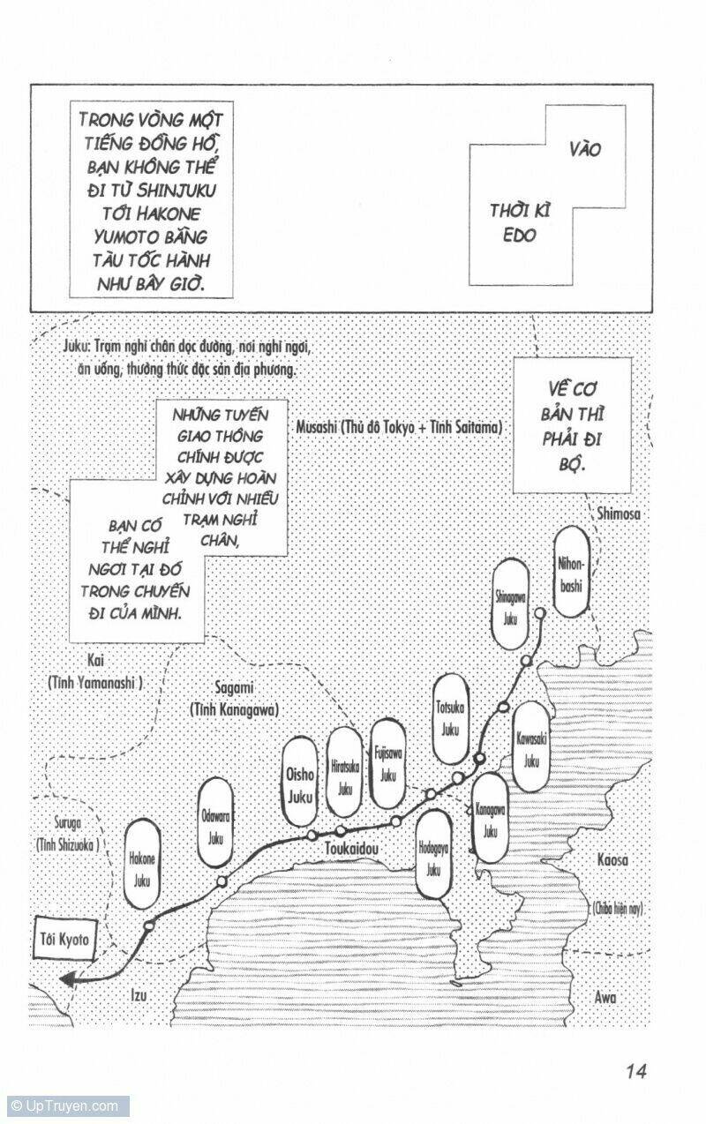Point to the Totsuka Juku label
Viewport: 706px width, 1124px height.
[x=451, y=719]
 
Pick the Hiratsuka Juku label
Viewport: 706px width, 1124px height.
[x=342, y=773]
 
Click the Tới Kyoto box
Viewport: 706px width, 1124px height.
[x=64, y=940]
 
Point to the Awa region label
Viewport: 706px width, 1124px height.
[x=605, y=998]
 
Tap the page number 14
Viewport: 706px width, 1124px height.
[x=636, y=1071]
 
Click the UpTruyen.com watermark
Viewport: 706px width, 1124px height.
[x=65, y=1105]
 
